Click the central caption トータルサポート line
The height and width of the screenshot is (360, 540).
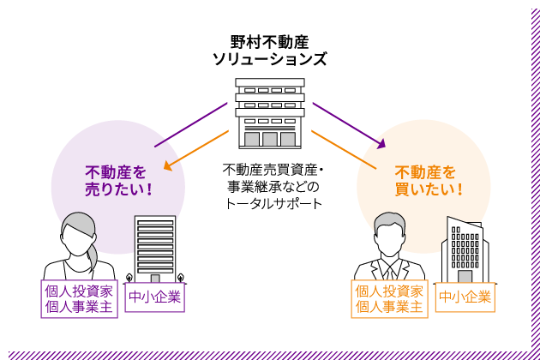[273, 204]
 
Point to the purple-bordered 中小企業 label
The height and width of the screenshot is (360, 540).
[154, 297]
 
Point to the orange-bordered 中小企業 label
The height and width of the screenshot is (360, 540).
[465, 297]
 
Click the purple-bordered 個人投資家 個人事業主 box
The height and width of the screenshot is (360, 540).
[79, 298]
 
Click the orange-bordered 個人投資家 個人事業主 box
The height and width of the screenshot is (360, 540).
[389, 299]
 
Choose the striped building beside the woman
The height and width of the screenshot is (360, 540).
[154, 249]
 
